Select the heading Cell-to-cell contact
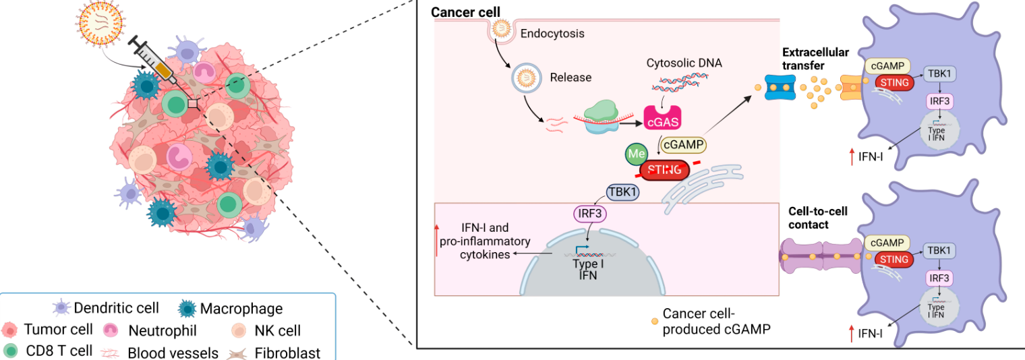(818, 218)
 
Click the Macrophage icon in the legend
(187, 309)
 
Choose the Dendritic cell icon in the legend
(62, 309)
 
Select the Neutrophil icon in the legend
(111, 330)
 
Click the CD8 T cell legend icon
(11, 351)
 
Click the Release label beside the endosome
(570, 77)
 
